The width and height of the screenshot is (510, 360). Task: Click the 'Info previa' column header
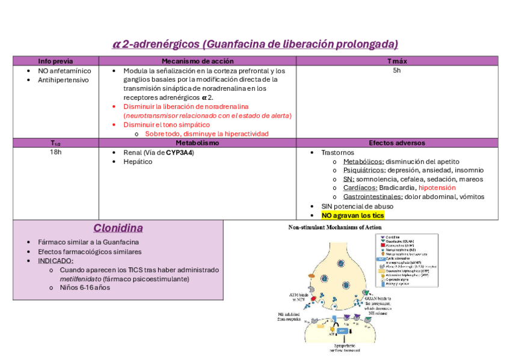point(55,61)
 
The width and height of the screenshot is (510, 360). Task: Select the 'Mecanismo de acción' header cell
point(197,61)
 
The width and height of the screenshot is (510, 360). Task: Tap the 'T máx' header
point(397,61)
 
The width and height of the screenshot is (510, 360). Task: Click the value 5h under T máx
point(397,70)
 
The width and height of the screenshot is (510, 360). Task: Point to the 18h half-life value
point(55,153)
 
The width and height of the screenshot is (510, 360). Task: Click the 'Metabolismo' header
point(197,143)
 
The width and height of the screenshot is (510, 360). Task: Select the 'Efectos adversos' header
point(397,143)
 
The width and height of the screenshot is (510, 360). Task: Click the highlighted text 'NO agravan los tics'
point(352,215)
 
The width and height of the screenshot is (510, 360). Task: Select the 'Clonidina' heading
point(118,228)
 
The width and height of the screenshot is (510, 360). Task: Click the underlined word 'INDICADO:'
point(56,261)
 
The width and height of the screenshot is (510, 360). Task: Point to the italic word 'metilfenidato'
point(80,279)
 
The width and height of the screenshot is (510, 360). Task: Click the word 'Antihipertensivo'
point(63,79)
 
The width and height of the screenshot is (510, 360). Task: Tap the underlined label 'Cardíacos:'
point(360,188)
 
